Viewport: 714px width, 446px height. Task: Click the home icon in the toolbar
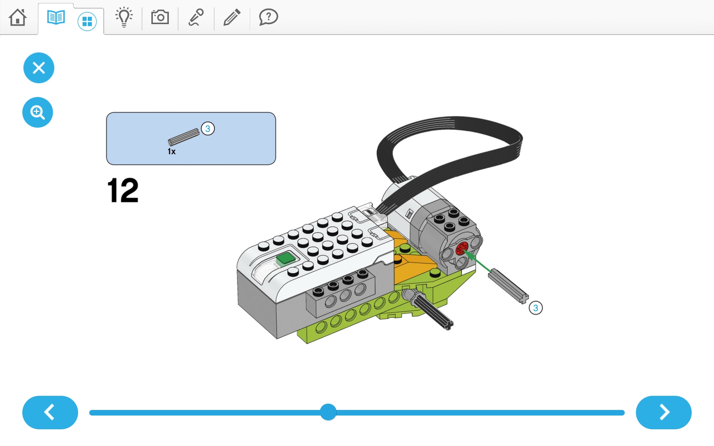tap(17, 17)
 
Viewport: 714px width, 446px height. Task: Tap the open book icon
tap(56, 17)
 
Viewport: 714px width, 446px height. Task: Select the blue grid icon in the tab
tap(87, 22)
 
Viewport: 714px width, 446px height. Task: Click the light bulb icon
tap(124, 17)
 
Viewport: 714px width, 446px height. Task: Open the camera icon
tap(160, 17)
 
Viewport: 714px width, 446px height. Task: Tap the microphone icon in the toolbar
tap(196, 17)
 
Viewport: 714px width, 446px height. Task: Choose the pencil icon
tap(232, 17)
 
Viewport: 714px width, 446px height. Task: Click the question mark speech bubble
tap(268, 17)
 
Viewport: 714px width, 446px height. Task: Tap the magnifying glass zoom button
tap(38, 112)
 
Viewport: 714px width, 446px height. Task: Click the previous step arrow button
tap(50, 412)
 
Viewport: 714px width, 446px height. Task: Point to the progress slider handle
tap(328, 412)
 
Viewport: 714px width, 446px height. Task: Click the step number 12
tap(123, 190)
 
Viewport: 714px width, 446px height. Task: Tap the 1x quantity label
tap(171, 151)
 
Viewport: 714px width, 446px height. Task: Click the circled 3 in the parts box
tap(208, 129)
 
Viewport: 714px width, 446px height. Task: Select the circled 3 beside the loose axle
tap(535, 308)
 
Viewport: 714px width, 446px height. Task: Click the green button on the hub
tap(286, 258)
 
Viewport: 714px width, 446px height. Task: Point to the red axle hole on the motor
tap(462, 248)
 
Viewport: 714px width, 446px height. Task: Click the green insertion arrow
tap(478, 261)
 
